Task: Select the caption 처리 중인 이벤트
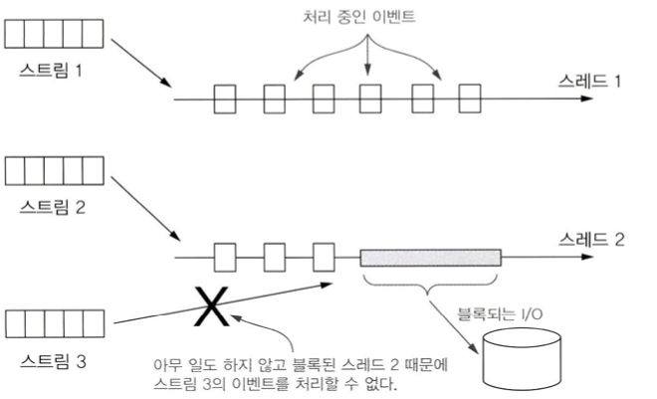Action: [x=368, y=17]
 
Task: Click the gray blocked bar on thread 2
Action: [x=431, y=257]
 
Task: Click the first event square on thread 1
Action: [x=226, y=100]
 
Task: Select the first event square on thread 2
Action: [x=226, y=257]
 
